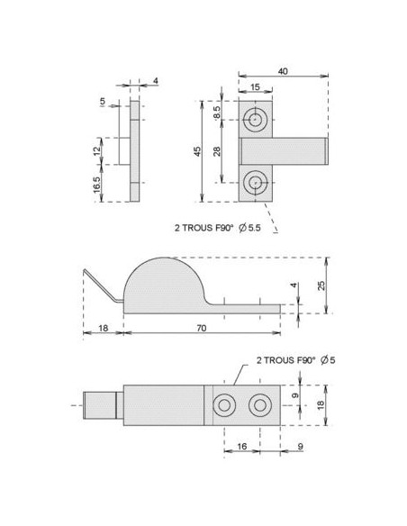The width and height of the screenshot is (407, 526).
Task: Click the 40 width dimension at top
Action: (x=282, y=71)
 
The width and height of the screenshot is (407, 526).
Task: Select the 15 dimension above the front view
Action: (x=255, y=87)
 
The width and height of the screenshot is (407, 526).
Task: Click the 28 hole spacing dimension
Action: (x=217, y=150)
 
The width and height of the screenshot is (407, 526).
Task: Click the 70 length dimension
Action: (x=200, y=329)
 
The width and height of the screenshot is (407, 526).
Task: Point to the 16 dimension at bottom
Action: (x=240, y=446)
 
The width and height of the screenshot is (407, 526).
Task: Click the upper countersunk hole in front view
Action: (x=256, y=120)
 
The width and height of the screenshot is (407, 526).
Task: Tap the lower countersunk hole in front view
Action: (x=256, y=182)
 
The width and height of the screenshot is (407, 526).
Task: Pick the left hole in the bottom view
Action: (x=222, y=405)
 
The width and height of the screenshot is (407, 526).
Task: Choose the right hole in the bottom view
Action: (x=259, y=405)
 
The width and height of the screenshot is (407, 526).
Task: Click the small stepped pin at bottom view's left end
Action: (x=101, y=405)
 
